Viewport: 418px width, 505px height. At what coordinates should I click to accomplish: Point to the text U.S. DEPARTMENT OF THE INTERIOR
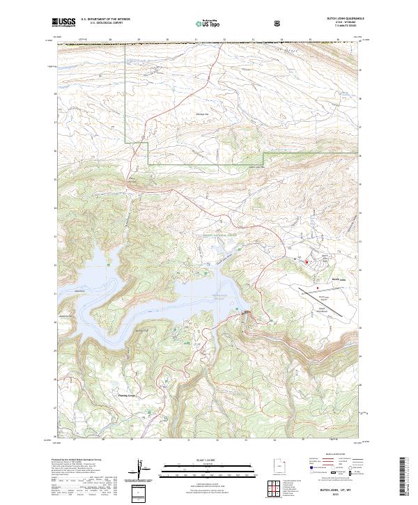[x=105, y=20]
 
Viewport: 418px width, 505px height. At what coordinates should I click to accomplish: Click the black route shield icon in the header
[x=279, y=23]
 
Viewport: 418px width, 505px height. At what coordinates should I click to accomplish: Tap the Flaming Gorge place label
[x=121, y=393]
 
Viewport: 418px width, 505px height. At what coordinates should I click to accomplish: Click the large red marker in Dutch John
[x=307, y=261]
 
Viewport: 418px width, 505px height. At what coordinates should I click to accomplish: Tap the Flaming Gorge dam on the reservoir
[x=242, y=311]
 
